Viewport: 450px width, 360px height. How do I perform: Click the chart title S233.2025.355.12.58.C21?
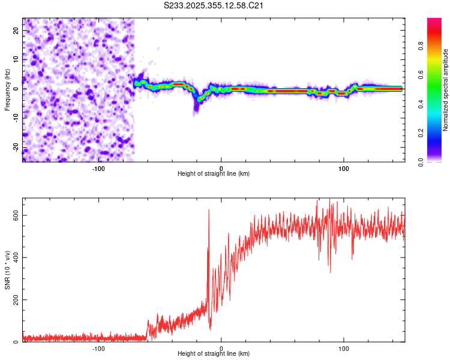point(214,6)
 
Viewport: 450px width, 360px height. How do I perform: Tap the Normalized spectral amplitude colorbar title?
point(446,90)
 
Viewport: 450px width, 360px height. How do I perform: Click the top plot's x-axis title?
point(214,173)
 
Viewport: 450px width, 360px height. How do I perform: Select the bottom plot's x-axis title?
point(214,353)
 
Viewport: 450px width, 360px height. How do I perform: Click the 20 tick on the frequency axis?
point(16,30)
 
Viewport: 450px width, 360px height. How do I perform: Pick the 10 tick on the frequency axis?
point(16,59)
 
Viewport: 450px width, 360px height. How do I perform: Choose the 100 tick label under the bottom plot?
point(344,348)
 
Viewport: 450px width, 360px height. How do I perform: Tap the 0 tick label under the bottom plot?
point(221,348)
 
